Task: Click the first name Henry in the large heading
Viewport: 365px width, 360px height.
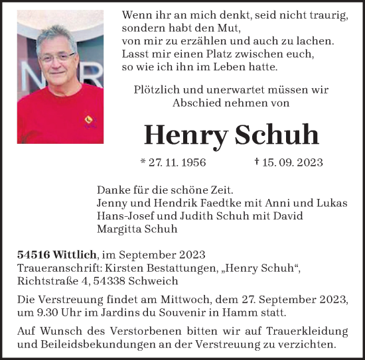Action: [x=186, y=135]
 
